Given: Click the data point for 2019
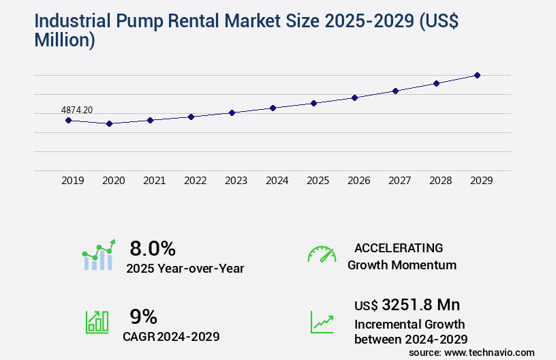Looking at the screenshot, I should [x=68, y=120].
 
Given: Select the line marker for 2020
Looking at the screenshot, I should [x=109, y=123].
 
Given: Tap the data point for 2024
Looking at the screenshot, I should [x=273, y=108].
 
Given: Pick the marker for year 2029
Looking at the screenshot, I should [x=477, y=75].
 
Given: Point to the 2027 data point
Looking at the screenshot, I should [x=395, y=91].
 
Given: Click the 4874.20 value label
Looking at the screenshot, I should [x=77, y=110].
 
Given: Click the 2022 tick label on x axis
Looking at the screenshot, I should [x=195, y=181].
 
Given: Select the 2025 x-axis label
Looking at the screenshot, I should [x=318, y=181].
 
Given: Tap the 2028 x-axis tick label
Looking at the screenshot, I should [x=440, y=181].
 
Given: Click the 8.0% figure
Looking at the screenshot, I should [x=153, y=247].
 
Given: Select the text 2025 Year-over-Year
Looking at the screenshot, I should [x=185, y=269].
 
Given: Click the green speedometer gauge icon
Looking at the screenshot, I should [x=322, y=254].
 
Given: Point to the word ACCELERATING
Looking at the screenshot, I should [x=398, y=247].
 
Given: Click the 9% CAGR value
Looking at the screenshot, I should [x=143, y=316].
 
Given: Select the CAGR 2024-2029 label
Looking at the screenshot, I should [x=171, y=337].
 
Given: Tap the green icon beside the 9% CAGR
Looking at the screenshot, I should [x=97, y=322].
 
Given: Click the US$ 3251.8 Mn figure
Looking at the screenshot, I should [x=412, y=305].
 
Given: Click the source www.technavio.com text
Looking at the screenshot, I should [x=472, y=352].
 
